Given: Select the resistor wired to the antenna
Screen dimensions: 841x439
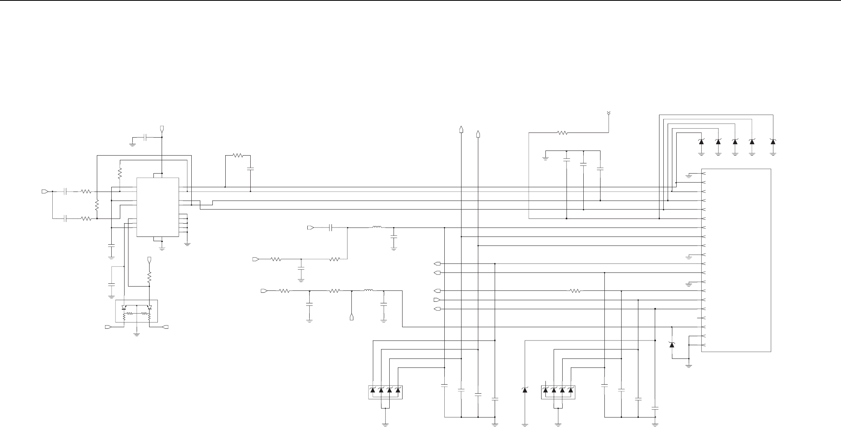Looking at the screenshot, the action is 562,133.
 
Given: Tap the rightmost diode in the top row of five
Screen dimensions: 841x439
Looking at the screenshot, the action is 773,142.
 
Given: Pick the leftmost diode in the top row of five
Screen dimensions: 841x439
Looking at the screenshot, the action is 701,142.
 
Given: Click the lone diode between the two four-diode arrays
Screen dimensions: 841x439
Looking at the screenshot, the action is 525,390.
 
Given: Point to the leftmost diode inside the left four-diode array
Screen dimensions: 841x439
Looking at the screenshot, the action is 373,390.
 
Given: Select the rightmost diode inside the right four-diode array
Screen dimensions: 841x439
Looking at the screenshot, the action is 571,390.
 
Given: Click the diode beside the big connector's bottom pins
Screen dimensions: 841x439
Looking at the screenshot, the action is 672,344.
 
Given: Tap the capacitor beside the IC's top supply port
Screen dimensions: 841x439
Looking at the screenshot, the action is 145,137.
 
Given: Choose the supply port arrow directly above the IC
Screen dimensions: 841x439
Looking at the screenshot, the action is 162,129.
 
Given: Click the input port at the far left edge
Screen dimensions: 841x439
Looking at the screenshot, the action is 45,192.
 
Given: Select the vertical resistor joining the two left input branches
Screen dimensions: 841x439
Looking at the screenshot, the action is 97,205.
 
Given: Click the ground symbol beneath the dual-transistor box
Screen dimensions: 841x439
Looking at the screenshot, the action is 137,335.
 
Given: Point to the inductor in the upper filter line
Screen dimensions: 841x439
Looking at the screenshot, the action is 377,227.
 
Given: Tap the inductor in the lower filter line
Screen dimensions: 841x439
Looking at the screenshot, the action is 368,290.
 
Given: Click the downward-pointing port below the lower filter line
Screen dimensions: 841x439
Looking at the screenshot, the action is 352,317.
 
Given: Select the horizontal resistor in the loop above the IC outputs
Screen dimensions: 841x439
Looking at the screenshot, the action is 238,156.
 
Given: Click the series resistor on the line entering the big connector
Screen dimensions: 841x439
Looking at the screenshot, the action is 575,291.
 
